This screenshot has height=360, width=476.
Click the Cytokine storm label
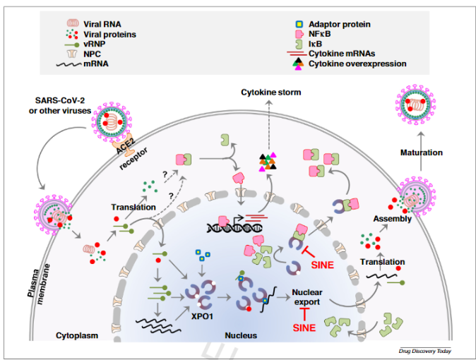[270, 92]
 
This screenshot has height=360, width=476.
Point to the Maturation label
[422, 152]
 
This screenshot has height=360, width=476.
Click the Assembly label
[392, 219]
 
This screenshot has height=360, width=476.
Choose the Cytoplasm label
[76, 336]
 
